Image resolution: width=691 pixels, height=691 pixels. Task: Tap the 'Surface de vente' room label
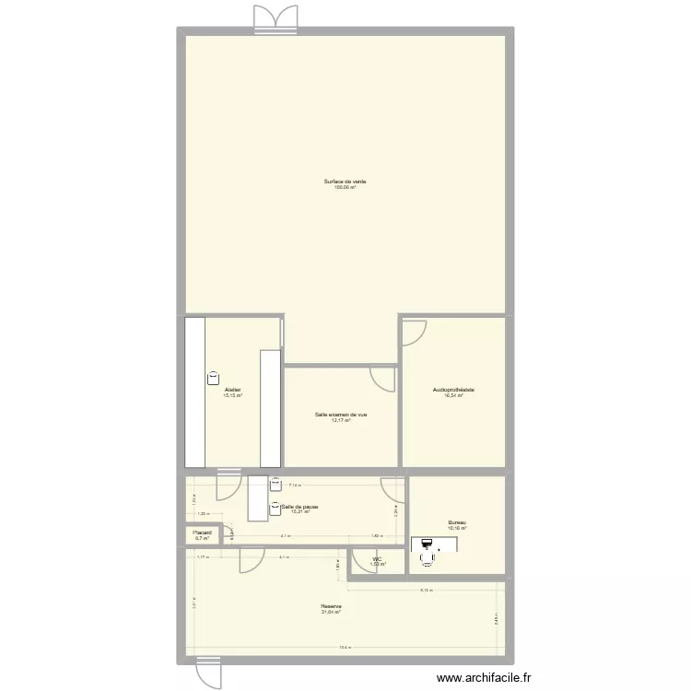[x=345, y=182]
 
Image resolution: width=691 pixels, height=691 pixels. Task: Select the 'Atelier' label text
[x=232, y=391]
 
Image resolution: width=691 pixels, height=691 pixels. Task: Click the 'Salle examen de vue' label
[x=341, y=415]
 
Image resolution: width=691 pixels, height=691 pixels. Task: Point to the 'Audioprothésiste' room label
[x=453, y=391]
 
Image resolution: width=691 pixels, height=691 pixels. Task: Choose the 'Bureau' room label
[x=457, y=523]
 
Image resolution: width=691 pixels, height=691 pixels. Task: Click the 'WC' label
[x=377, y=558]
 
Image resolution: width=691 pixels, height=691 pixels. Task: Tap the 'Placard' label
[x=202, y=533]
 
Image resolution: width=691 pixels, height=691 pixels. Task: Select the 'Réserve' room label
[x=332, y=606]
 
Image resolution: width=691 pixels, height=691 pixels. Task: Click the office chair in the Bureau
[x=427, y=556]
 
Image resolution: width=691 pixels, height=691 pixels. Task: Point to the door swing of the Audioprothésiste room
[x=414, y=332]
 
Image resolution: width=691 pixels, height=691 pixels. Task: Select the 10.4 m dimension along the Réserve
[x=344, y=647]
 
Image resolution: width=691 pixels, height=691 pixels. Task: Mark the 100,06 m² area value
[x=345, y=188]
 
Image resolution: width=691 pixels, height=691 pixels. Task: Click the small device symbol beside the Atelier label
[x=214, y=377]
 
